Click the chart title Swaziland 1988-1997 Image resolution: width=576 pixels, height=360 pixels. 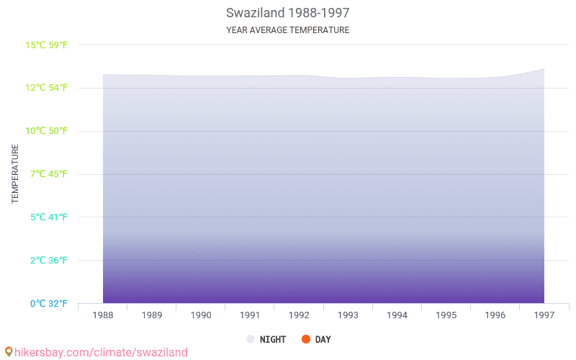[x=287, y=13]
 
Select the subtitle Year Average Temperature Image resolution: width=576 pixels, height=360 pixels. [x=287, y=30]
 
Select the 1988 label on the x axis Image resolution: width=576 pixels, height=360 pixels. [x=103, y=315]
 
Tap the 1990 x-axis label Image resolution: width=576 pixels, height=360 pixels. [x=201, y=315]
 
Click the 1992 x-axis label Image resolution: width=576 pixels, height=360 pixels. [x=299, y=315]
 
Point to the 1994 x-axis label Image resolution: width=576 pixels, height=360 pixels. [x=397, y=315]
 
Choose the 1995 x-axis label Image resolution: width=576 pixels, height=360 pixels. [x=446, y=315]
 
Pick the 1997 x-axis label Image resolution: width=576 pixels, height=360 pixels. [x=544, y=315]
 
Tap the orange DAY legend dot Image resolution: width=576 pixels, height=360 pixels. [x=305, y=339]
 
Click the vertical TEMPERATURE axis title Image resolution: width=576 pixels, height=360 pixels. [x=15, y=174]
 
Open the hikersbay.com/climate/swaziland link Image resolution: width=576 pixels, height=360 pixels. [x=101, y=352]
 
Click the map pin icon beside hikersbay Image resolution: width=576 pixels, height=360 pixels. [x=8, y=352]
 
